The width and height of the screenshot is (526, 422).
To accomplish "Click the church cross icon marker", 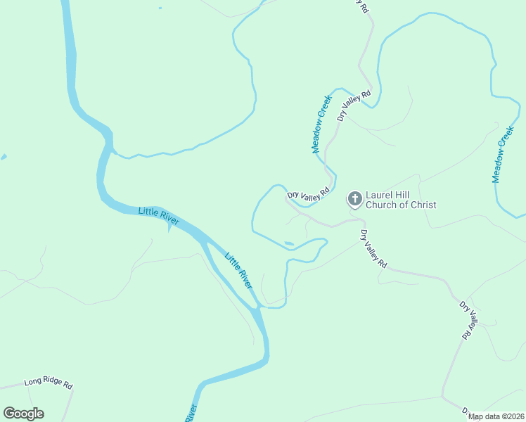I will tap(355, 199).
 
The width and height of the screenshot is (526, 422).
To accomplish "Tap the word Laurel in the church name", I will tap(380, 196).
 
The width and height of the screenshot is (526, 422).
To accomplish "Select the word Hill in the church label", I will tap(406, 196).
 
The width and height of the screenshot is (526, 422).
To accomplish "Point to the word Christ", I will tap(421, 205).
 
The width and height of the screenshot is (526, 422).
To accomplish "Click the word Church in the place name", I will tap(380, 205).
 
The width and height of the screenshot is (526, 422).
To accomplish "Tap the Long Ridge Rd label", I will tap(49, 383).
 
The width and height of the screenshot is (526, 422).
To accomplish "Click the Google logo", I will tap(23, 414).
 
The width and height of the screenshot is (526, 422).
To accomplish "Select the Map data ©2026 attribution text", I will tap(496, 416).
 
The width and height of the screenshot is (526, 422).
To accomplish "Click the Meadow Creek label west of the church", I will tap(321, 124).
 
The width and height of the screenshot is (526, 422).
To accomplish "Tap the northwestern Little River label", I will tap(159, 216).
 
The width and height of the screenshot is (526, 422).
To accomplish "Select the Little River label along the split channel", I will tap(238, 269).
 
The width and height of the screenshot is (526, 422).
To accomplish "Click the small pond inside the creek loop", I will tap(289, 244).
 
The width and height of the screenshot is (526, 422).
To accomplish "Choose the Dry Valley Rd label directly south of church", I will tap(373, 249).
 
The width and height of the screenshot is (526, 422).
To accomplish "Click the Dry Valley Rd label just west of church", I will tap(308, 196).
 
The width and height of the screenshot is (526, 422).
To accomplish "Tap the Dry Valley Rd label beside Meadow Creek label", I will tap(353, 105).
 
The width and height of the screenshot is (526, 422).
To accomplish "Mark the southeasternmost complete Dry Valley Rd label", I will tap(468, 320).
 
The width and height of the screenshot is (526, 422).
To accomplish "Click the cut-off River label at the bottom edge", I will tap(192, 413).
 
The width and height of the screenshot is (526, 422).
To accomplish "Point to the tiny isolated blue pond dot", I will tap(160, 8).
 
